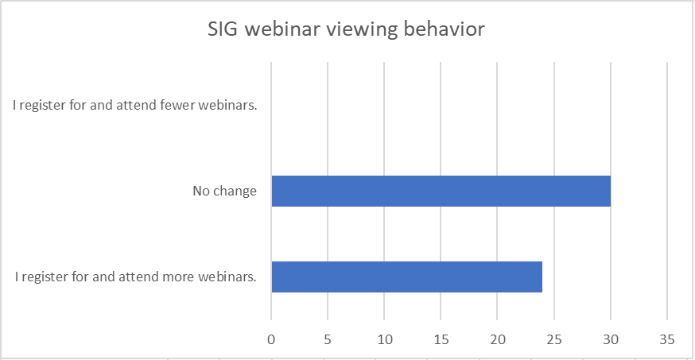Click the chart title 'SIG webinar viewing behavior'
[x=346, y=29]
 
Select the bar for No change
[x=441, y=191]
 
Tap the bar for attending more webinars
[x=407, y=277]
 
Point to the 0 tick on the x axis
[x=271, y=339]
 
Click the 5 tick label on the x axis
[x=328, y=339]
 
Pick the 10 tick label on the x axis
[x=384, y=339]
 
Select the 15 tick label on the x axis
[x=441, y=339]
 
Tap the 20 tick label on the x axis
[x=497, y=339]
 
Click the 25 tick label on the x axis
[x=554, y=339]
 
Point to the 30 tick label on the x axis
[x=611, y=339]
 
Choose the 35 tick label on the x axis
[x=667, y=339]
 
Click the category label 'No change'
[x=225, y=191]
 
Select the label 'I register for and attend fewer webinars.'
[x=134, y=106]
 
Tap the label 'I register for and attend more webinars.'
[x=136, y=277]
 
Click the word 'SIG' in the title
[x=223, y=29]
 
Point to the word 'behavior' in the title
[x=445, y=29]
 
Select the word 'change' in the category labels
[x=235, y=192]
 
